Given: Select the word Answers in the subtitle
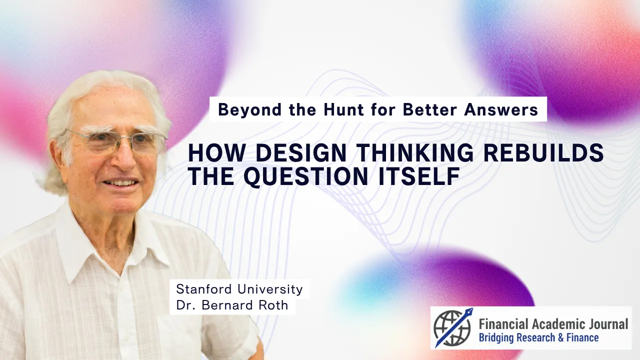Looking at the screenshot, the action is (x=501, y=109).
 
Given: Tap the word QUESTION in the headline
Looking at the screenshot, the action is (x=305, y=176).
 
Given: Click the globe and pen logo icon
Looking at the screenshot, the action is (x=453, y=327).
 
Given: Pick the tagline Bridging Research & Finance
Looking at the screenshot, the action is (x=538, y=338).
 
